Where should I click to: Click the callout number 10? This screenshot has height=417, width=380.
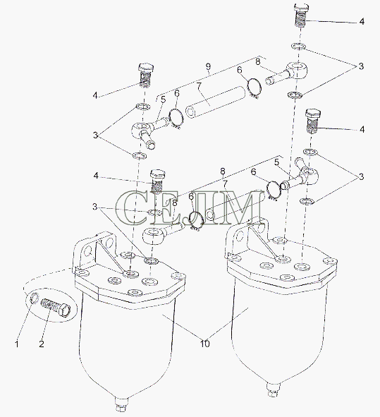click(x=205, y=344)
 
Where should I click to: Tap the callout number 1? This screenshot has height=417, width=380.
click(x=17, y=344)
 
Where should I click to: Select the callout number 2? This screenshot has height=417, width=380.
click(x=42, y=344)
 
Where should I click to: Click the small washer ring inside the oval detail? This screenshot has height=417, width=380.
click(x=35, y=297)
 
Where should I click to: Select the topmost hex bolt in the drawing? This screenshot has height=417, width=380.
click(x=301, y=14)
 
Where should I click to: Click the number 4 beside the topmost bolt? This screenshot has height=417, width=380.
click(x=362, y=22)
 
